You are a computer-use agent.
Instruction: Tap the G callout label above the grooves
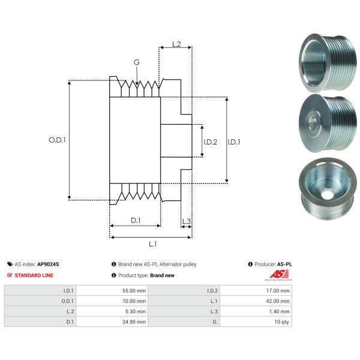(137, 62)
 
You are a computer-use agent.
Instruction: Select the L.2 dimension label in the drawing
(176, 44)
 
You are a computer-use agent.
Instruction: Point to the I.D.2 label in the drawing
(210, 142)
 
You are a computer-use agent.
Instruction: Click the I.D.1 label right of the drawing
(235, 142)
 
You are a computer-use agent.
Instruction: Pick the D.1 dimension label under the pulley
(136, 220)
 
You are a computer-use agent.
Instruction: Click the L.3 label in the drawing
(186, 221)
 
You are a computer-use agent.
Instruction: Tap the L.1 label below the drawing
(152, 244)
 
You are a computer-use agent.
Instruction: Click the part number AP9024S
(48, 264)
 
